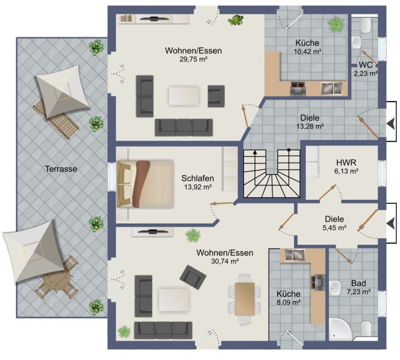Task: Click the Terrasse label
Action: coord(61,169)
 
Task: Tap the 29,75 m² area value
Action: coord(193,59)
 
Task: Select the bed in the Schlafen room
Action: coord(145,184)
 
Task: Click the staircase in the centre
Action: coord(272,173)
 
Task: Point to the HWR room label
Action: coord(346,162)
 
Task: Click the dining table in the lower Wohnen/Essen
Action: coord(245,299)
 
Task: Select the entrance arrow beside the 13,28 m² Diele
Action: coord(390,124)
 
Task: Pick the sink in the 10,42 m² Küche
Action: coord(331,89)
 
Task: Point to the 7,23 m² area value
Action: coord(359,291)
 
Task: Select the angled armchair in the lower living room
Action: coord(193,277)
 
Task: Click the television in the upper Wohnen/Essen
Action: coord(154,18)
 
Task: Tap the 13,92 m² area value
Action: coord(198,187)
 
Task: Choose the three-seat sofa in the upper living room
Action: coord(184,127)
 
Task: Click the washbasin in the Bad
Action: coord(335,288)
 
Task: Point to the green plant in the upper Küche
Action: coord(336,24)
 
